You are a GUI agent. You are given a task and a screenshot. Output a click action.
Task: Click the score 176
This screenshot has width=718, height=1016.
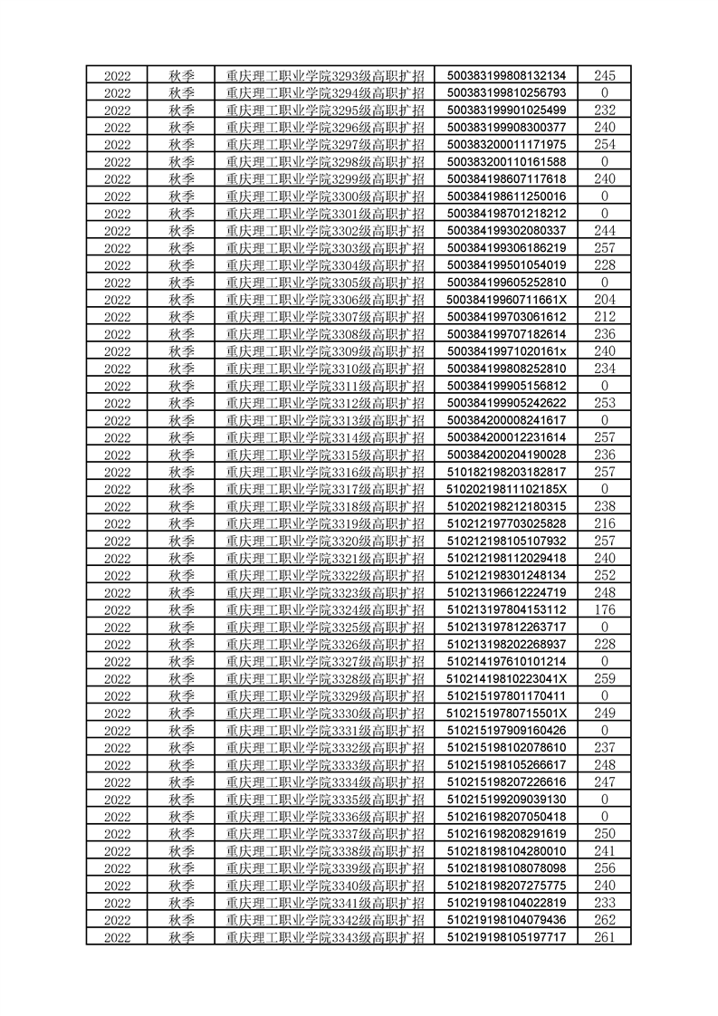coord(604,609)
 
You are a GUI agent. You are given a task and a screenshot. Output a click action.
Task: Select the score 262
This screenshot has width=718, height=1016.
coord(604,919)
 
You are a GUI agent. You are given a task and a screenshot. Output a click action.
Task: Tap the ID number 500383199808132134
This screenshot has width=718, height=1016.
coord(506,75)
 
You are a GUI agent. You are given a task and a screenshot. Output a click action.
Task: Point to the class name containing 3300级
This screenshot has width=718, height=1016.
coord(325,196)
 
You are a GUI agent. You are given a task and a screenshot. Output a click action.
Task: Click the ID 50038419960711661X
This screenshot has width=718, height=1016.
coord(506,300)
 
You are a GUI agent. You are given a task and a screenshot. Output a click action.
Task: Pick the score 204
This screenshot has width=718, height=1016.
coord(604,300)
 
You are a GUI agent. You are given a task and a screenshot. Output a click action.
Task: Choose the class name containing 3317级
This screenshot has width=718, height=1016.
coord(325,489)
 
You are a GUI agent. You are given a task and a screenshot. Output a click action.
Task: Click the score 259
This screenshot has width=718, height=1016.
coord(604,678)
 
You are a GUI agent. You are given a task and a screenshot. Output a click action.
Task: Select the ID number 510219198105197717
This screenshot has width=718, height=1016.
coord(506,936)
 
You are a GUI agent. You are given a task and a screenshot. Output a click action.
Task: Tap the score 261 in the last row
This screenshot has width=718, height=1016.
coord(604,936)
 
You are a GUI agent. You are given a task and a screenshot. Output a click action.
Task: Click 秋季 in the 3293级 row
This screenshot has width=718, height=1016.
coord(182,75)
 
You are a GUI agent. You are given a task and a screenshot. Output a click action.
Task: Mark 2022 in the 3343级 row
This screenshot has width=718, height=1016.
coord(118,936)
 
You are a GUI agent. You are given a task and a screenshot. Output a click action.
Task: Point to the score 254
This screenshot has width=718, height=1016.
coord(604,144)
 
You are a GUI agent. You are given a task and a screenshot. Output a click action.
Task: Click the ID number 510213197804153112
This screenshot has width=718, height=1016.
coord(506,609)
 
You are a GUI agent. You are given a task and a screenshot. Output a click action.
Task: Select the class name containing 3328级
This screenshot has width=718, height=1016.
coord(325,678)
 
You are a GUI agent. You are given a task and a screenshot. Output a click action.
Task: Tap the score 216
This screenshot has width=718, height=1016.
coord(604,523)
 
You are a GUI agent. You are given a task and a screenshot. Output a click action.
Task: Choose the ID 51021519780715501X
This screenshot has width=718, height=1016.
coord(506,713)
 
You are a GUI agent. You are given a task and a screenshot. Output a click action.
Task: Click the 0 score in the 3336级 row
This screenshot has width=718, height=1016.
coord(604,816)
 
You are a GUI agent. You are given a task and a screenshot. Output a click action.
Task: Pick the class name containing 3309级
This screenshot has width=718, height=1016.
coord(325,351)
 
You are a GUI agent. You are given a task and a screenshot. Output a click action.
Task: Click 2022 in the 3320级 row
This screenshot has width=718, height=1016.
coord(118,541)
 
